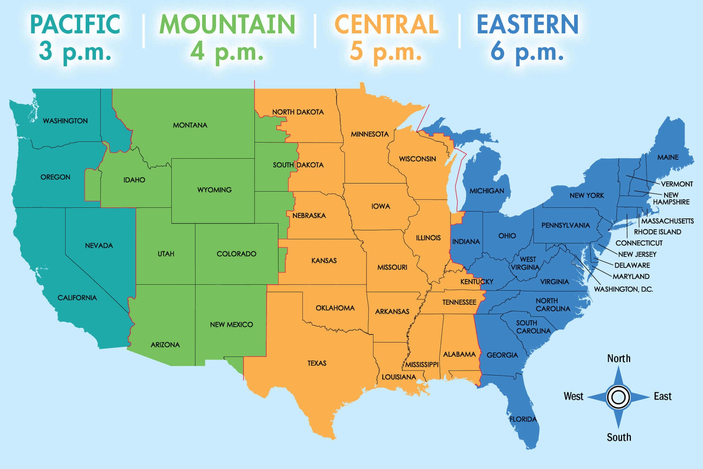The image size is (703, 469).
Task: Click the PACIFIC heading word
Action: coord(75,24)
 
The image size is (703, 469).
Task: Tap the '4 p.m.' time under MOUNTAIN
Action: coord(227,51)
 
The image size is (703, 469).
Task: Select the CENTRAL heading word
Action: coord(386,24)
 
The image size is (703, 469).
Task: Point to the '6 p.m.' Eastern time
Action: coord(527,51)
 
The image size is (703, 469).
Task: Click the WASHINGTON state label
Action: coord(65,121)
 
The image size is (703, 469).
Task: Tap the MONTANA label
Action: coord(190,125)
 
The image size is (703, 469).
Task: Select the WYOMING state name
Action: coord(214,190)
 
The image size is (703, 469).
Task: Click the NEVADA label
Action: coord(99,245)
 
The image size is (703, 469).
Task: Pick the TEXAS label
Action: coord(317,363)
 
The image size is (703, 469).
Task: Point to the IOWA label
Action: coord(381,206)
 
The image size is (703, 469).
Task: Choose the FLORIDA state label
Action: coord(523,419)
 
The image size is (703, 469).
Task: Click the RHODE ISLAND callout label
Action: coord(658,232)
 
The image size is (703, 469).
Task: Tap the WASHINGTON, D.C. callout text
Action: coord(623,289)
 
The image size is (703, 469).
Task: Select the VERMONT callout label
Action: coord(677,184)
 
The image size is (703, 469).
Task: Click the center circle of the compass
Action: coord(618,397)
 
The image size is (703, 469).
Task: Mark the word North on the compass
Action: coord(619,358)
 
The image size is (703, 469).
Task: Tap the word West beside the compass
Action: coord(573,396)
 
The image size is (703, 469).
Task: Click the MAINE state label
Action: coord(668,157)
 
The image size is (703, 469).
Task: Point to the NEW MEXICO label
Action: coord(231,325)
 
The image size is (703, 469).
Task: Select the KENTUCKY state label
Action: coord(477,282)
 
